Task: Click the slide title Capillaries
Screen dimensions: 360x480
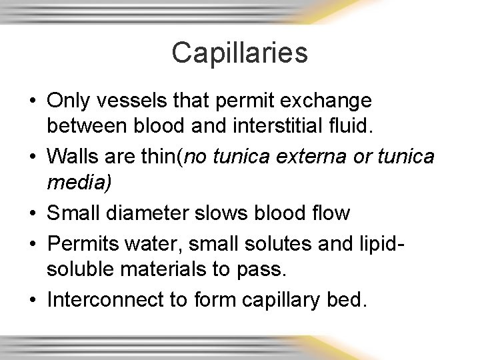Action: tap(239, 53)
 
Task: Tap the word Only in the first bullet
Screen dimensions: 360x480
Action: tap(67, 101)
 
